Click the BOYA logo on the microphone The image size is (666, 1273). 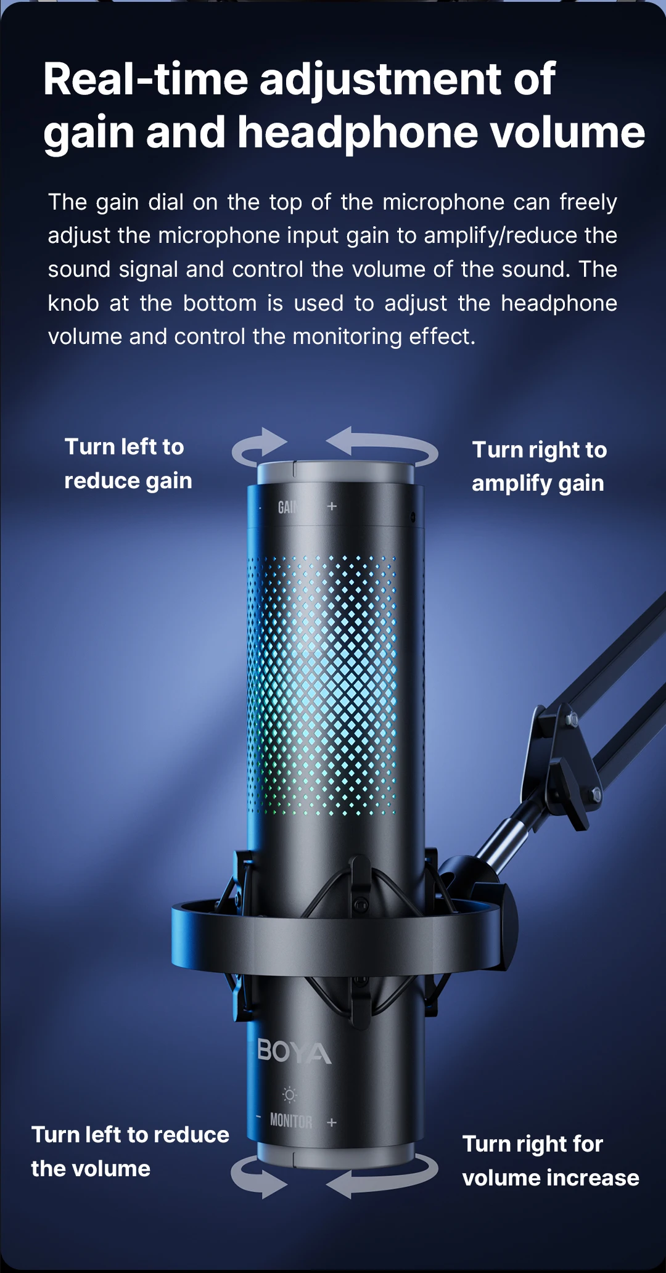coord(294,1052)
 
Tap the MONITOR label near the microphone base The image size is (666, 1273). coord(290,1121)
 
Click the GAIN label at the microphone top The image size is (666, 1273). coord(287,507)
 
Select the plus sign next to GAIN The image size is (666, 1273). coord(332,506)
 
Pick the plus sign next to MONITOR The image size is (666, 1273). coord(332,1122)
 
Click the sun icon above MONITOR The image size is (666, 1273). coord(289,1094)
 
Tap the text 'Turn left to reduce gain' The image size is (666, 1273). coord(128,464)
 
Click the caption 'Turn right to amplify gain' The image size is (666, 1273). coord(539,466)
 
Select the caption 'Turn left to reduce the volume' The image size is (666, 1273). coord(129,1151)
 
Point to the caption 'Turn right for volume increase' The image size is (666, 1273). coord(550,1161)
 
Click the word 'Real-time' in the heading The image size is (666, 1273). coord(145,80)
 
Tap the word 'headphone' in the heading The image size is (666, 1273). coord(358,133)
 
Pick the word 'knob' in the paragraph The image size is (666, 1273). coord(73,303)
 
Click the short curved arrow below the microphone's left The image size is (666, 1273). coord(258,1176)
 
